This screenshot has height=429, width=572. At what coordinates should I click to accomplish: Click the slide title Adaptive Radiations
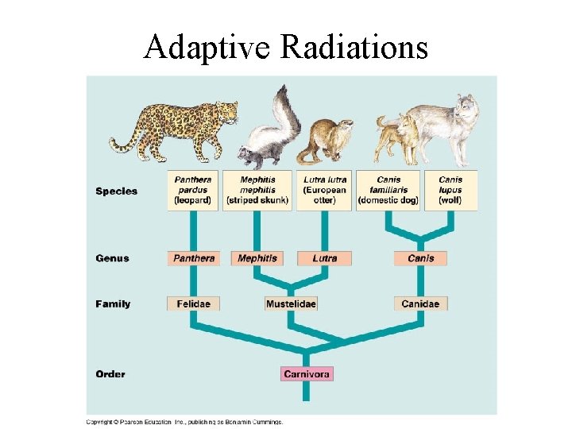pyautogui.click(x=285, y=48)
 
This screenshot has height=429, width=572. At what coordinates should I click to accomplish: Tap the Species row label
pyautogui.click(x=116, y=191)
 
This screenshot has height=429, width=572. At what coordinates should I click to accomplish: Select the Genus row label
pyautogui.click(x=112, y=258)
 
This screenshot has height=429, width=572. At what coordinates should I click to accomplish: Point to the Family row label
pyautogui.click(x=113, y=303)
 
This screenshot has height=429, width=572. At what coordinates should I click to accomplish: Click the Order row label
pyautogui.click(x=110, y=373)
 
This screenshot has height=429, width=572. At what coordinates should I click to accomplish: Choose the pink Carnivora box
pyautogui.click(x=307, y=373)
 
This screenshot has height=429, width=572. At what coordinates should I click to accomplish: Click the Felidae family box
pyautogui.click(x=193, y=303)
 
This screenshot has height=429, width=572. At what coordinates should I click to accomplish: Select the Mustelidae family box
pyautogui.click(x=291, y=303)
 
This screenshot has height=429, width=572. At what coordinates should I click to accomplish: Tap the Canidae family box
pyautogui.click(x=421, y=303)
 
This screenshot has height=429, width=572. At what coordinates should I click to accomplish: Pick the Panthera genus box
pyautogui.click(x=193, y=258)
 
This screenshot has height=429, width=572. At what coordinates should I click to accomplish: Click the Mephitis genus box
pyautogui.click(x=257, y=258)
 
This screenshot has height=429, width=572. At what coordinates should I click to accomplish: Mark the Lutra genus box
pyautogui.click(x=324, y=258)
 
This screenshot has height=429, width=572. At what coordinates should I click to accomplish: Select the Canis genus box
pyautogui.click(x=420, y=258)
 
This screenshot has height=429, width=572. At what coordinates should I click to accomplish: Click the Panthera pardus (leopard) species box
pyautogui.click(x=193, y=191)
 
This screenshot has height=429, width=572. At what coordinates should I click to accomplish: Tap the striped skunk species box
pyautogui.click(x=257, y=191)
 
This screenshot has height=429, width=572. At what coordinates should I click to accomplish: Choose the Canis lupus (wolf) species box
pyautogui.click(x=450, y=191)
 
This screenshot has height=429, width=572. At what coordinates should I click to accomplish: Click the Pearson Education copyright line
pyautogui.click(x=184, y=422)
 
